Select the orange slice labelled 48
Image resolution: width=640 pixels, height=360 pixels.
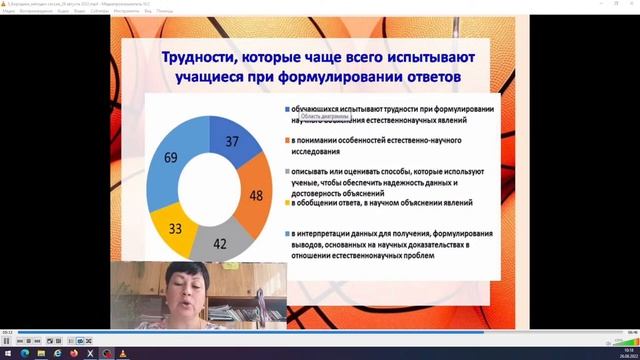255,195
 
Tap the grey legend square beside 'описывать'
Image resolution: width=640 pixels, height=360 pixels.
288,172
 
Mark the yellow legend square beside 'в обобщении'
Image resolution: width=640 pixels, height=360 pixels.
288,203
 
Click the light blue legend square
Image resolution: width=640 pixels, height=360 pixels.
288,233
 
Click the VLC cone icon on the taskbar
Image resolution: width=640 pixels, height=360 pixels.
122,353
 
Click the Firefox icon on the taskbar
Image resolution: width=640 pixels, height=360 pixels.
75,353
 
